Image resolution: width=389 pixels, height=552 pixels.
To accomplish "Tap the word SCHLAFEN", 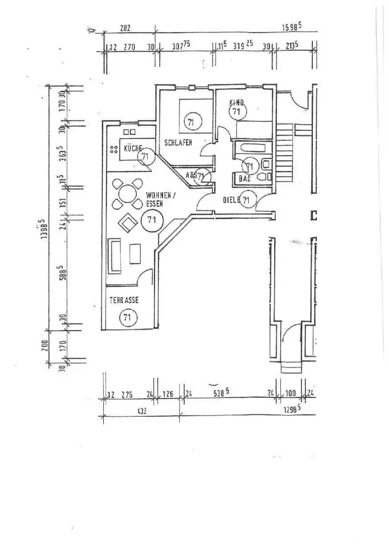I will tap(178, 143).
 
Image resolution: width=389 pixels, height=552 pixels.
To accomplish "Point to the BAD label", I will tap(244, 178).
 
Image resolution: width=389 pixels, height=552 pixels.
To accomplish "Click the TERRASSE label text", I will tap(124, 300).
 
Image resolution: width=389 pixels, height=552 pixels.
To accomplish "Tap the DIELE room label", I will tap(232, 200).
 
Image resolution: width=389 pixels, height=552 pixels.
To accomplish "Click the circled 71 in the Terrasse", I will tap(127, 317).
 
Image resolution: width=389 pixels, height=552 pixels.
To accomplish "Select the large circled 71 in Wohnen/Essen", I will tap(150, 220).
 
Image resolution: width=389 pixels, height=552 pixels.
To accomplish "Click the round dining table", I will tap(126, 194).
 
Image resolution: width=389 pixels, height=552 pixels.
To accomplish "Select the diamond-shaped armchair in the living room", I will tap(129, 223).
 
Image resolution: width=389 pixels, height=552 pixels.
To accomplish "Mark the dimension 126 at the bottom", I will tap(167, 394).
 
